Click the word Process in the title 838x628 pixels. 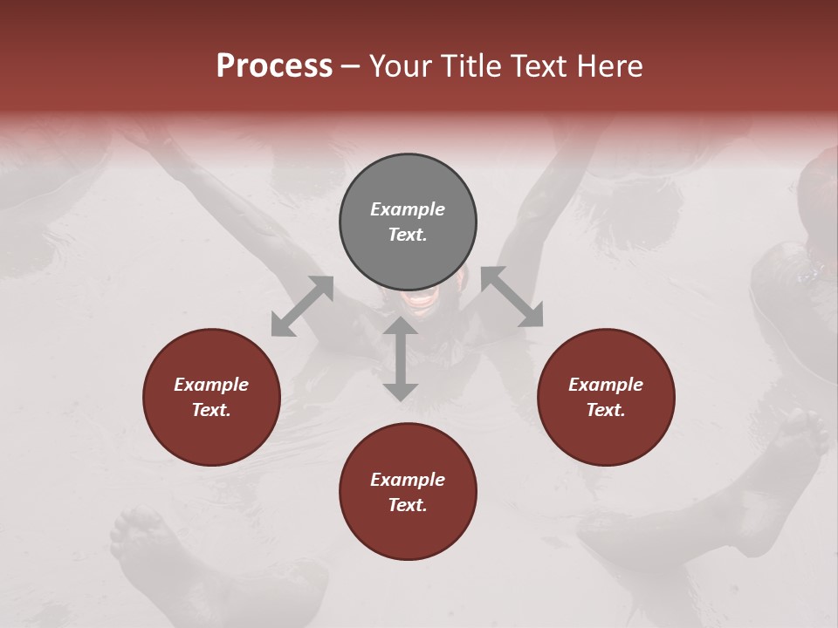[274, 66]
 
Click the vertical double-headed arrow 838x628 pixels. [401, 358]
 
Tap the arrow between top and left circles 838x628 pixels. [302, 306]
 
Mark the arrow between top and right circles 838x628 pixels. [512, 297]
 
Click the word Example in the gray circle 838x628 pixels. [408, 209]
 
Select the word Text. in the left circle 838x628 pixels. [211, 410]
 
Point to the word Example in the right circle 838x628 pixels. [606, 385]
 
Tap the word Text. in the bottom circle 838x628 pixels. [408, 505]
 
